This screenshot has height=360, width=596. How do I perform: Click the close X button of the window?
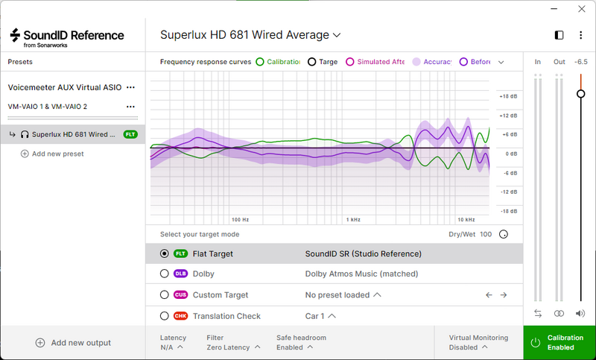coord(582,9)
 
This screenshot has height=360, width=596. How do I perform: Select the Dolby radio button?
coord(164,274)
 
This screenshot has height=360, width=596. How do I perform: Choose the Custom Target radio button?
coord(164,294)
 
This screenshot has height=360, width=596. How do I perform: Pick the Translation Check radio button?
coord(164,316)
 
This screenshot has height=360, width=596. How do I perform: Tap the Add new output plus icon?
coord(40,343)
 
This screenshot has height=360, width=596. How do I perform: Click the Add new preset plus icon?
coord(25,154)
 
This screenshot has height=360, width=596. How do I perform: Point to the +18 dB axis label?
coord(508,97)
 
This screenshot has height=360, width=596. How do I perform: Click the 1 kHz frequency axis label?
coord(353,220)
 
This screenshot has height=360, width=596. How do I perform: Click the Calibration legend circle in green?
coord(259,62)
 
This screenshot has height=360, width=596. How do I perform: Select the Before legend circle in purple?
coord(463,62)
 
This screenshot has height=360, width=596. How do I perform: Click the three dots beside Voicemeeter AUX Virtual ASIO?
coord(131,87)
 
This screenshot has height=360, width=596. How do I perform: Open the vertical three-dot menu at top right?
coord(580,35)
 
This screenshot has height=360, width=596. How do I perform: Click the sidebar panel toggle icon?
coord(559,35)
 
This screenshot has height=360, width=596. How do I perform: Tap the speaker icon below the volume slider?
coord(580,313)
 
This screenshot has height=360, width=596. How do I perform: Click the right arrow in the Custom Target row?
coord(504,295)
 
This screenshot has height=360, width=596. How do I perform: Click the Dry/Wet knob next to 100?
coord(504,234)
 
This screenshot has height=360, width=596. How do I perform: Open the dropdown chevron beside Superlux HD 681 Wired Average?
coord(337,35)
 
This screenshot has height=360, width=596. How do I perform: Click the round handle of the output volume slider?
coord(581,93)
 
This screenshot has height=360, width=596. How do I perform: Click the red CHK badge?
coord(180,316)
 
